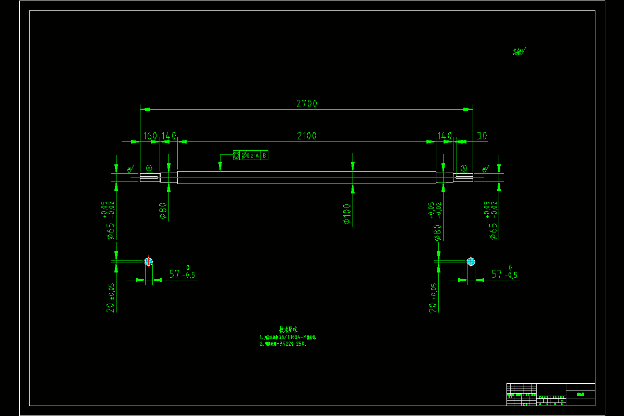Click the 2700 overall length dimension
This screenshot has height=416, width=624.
(307, 103)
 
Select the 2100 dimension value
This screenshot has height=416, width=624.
(307, 136)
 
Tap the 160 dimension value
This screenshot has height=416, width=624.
(150, 136)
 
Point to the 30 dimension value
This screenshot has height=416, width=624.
(482, 136)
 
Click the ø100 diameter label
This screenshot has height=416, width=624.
(347, 214)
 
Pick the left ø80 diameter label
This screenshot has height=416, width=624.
(163, 211)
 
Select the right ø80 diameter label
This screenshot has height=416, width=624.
(437, 232)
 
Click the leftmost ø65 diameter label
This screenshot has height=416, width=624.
(110, 231)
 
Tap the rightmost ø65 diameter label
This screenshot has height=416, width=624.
(493, 231)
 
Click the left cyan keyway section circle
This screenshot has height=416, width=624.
(149, 261)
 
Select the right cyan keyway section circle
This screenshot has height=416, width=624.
(471, 261)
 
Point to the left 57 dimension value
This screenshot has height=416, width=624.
(174, 274)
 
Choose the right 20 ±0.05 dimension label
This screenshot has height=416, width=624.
(433, 297)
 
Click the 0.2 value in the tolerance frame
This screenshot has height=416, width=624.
(250, 155)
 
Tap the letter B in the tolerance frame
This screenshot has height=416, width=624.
(264, 155)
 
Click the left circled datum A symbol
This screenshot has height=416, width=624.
(149, 168)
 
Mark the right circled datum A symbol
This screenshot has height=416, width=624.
(464, 168)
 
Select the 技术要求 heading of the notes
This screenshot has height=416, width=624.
(289, 329)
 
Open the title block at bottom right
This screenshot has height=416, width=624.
(551, 395)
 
